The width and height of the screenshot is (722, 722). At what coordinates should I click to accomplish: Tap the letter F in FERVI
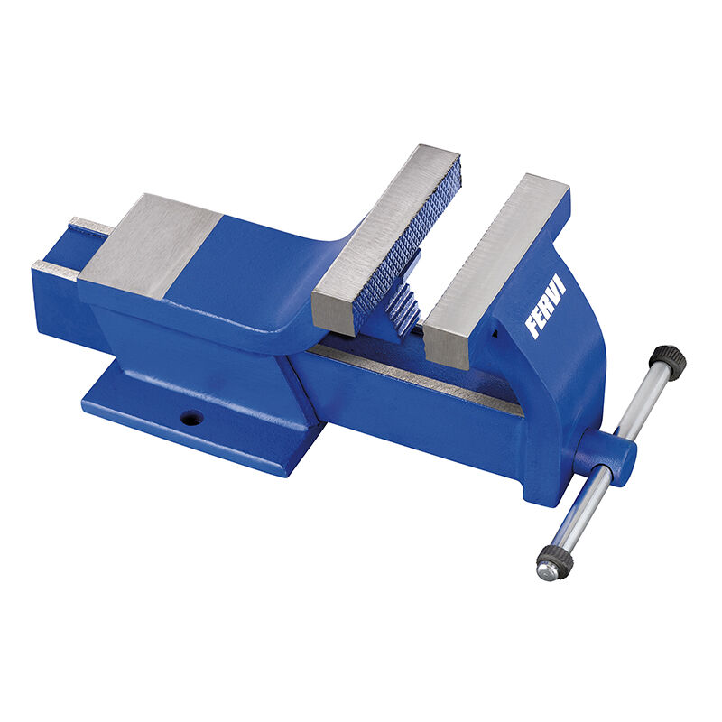[532, 329]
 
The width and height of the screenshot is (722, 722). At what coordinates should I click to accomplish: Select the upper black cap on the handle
[668, 359]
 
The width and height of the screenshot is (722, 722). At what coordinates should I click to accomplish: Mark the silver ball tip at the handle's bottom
[544, 572]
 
